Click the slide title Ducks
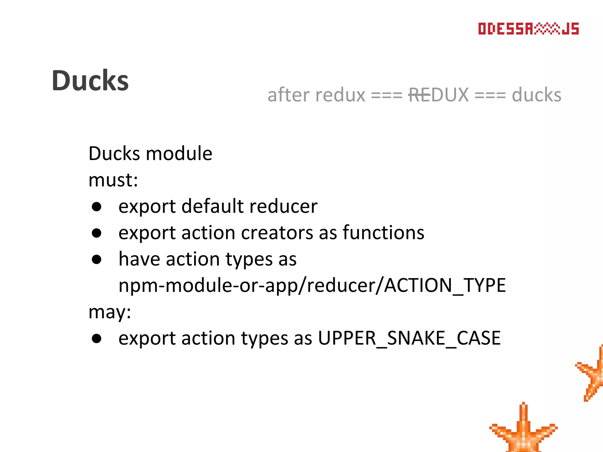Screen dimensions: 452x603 90,81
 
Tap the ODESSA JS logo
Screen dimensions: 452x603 528,29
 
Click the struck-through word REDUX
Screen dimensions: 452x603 438,95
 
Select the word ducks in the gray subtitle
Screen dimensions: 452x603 536,95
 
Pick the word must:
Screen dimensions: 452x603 113,180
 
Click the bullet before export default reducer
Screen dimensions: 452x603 97,207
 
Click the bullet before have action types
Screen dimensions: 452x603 97,260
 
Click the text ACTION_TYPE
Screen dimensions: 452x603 445,285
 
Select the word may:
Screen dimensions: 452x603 110,312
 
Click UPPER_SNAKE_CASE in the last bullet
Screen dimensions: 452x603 409,338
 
